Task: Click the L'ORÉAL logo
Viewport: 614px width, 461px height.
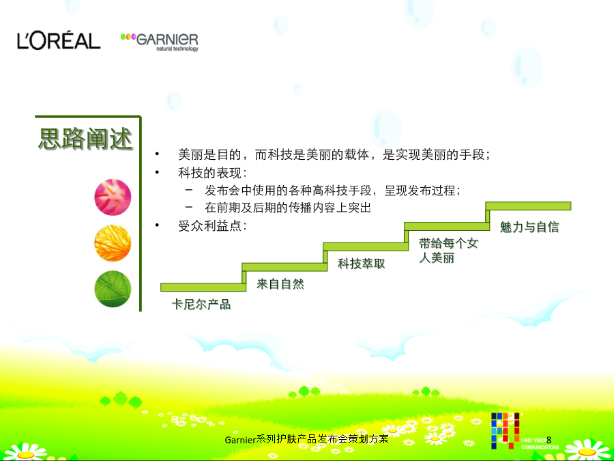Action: point(59,41)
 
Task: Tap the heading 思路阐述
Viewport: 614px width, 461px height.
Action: point(86,139)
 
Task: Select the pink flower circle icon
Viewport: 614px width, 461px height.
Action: point(113,197)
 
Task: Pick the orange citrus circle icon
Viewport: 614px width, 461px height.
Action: point(113,243)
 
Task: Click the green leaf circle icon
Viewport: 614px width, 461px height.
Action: point(113,289)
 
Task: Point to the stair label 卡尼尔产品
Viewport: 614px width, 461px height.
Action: point(201,304)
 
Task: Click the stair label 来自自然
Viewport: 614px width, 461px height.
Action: point(280,284)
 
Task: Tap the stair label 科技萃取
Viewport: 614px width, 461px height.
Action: point(362,264)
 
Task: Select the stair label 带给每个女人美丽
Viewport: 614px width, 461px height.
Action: point(449,251)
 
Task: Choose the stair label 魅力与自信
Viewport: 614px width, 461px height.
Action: point(529,227)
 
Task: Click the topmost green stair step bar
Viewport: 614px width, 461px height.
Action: point(528,206)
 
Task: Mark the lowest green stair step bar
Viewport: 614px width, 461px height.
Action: point(203,287)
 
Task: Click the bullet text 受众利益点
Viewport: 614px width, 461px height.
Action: point(212,226)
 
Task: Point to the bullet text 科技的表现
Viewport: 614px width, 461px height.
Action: point(212,173)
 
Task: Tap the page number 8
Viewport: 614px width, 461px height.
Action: point(549,440)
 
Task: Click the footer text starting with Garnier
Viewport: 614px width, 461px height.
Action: point(306,439)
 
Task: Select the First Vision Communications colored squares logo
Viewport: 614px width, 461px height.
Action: point(506,430)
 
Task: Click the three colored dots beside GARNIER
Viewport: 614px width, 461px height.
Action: point(128,36)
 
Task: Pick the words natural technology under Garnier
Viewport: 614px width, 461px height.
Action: point(177,49)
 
